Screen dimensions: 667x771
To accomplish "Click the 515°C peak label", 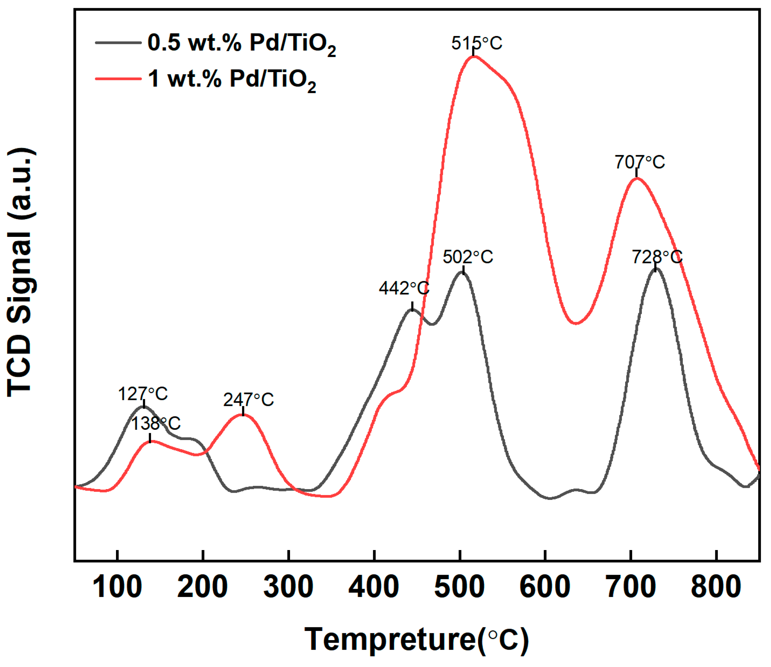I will click(x=476, y=44).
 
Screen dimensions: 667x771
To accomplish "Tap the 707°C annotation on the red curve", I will click(x=639, y=162).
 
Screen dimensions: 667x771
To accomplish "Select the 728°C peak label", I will click(x=657, y=257).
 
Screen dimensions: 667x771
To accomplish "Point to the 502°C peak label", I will click(x=468, y=257).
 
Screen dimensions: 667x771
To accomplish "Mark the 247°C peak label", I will click(x=248, y=400).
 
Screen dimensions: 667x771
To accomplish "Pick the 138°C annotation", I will click(x=156, y=424).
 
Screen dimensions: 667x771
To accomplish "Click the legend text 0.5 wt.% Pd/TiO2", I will click(x=241, y=44).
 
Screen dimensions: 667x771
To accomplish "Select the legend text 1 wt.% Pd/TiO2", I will click(x=232, y=79).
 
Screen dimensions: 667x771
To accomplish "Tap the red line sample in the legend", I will click(x=118, y=79).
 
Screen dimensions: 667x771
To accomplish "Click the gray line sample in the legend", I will click(x=118, y=43).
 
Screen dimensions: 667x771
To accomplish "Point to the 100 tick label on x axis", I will click(x=117, y=587).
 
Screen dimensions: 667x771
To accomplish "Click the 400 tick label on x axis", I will click(x=374, y=587).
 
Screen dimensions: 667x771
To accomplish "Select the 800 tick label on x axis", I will click(x=716, y=587).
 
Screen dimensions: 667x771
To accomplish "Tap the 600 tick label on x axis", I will click(x=545, y=587).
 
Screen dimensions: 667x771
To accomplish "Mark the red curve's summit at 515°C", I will click(x=473, y=57).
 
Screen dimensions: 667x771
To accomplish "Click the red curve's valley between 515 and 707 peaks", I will click(x=576, y=323).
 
